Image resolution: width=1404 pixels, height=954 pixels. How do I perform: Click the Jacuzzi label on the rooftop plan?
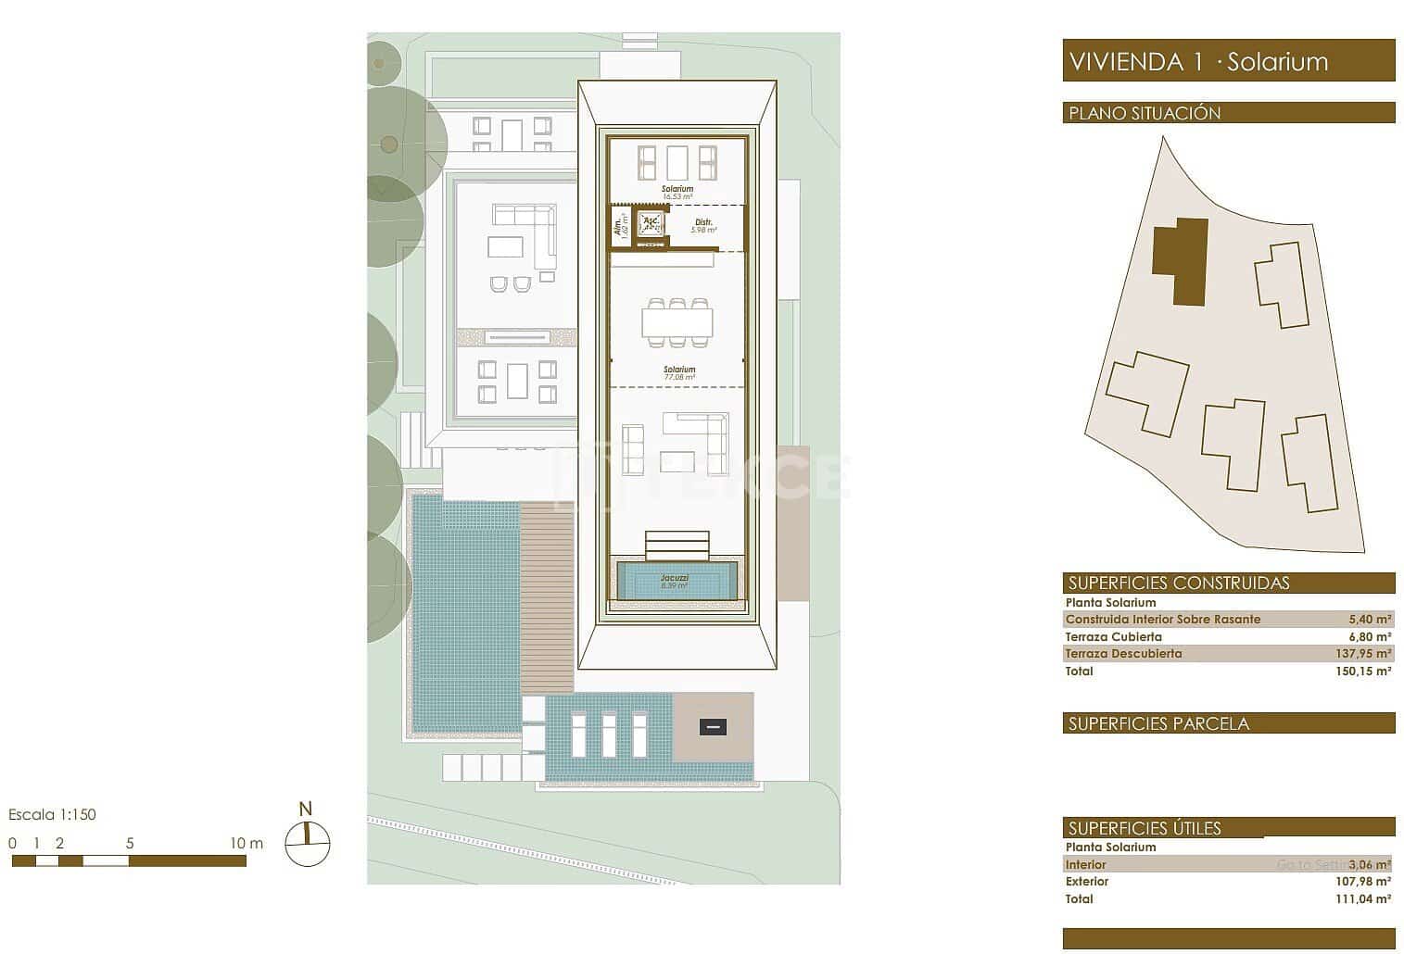(676, 581)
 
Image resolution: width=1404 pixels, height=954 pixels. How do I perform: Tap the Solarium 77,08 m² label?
(678, 373)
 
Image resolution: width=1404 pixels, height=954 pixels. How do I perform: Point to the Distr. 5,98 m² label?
(703, 225)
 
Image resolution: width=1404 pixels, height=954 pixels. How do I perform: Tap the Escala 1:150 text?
(52, 815)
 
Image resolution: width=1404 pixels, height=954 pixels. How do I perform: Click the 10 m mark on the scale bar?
(246, 844)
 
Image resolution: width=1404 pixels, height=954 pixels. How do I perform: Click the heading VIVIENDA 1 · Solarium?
(1198, 62)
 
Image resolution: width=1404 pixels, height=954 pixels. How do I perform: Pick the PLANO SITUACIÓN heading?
(1145, 113)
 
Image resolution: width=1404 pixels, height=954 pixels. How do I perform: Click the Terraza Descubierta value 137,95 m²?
(1363, 654)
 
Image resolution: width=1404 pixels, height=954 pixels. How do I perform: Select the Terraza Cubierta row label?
(1113, 637)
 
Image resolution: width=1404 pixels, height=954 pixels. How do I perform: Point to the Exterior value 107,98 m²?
(1363, 882)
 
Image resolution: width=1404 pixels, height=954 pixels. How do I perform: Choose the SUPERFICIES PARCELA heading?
(1158, 723)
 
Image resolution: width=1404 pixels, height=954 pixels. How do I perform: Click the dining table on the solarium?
(677, 322)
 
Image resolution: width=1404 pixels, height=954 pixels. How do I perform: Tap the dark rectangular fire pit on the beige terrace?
(712, 727)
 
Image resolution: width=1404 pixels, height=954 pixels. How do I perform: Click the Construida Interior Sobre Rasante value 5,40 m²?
(1370, 620)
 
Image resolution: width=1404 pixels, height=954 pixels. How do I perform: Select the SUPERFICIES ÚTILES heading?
(1145, 829)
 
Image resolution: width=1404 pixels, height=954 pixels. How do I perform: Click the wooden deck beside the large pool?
(547, 597)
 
